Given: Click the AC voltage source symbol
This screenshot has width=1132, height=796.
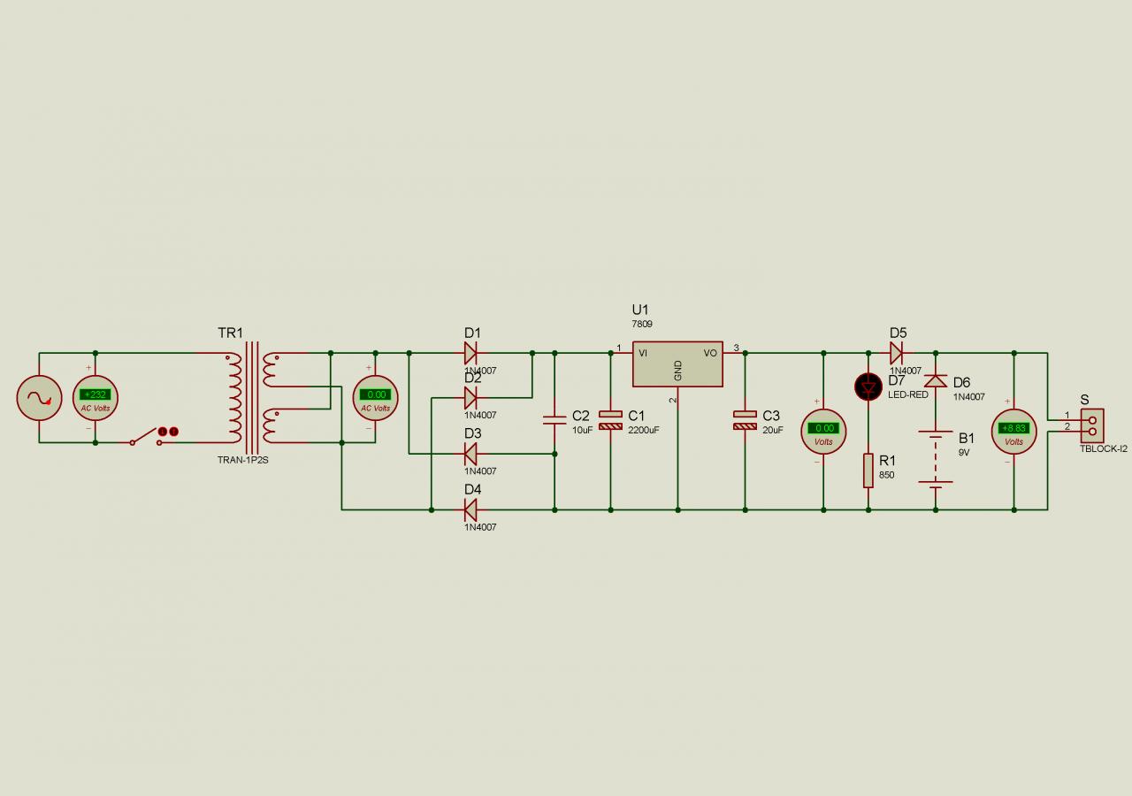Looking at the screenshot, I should coord(39,398).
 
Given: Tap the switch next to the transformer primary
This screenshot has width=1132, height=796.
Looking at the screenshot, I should coord(146,437).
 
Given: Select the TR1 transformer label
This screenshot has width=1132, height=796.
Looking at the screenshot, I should coord(230,333).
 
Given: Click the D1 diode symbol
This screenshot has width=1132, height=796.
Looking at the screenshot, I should coord(470,354).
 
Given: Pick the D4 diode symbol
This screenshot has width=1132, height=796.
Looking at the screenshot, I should coord(470,509).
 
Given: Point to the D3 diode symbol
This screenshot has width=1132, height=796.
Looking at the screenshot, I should coord(470,454).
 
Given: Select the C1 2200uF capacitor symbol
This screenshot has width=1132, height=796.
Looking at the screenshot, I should coord(610,419).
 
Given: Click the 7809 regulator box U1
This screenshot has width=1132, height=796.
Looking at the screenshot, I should coord(677,364).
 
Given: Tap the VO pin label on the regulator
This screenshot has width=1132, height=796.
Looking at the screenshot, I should coord(710,353).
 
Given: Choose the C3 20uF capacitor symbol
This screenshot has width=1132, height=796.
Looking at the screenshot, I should coord(745,419).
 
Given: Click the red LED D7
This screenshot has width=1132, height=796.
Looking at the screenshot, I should coord(868,386).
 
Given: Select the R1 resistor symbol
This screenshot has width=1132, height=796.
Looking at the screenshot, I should coord(868,470).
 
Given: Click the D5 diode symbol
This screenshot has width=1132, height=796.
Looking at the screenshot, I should coord(896,354).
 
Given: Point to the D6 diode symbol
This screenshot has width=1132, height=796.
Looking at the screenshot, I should coord(936,381).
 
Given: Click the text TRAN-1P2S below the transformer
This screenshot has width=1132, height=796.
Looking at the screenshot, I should coord(242,460).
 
